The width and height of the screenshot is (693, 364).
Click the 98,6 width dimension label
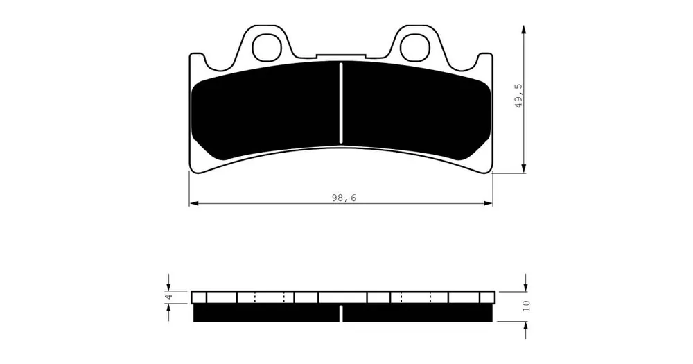[344, 198]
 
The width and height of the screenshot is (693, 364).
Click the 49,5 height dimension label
[518, 96]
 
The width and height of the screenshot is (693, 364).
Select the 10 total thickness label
[525, 306]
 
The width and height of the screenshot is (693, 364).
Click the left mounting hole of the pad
[267, 46]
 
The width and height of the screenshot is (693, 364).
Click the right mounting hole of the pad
[415, 46]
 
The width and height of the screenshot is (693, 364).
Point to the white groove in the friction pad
[341, 103]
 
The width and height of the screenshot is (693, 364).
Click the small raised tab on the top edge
[341, 55]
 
